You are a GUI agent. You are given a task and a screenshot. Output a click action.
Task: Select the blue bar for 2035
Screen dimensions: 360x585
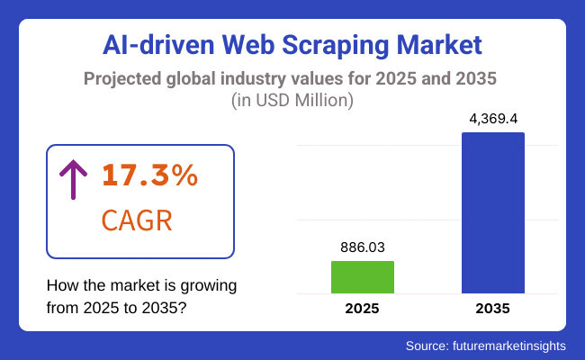pyautogui.click(x=492, y=212)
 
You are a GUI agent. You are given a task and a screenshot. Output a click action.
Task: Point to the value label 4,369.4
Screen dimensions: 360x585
pyautogui.click(x=492, y=117)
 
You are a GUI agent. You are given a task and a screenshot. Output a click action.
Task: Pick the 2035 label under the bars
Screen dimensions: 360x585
pyautogui.click(x=492, y=308)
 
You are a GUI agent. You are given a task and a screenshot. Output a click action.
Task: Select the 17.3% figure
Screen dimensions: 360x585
pyautogui.click(x=148, y=176)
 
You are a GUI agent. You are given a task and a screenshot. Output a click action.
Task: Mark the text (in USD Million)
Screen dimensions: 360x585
pyautogui.click(x=292, y=101)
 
